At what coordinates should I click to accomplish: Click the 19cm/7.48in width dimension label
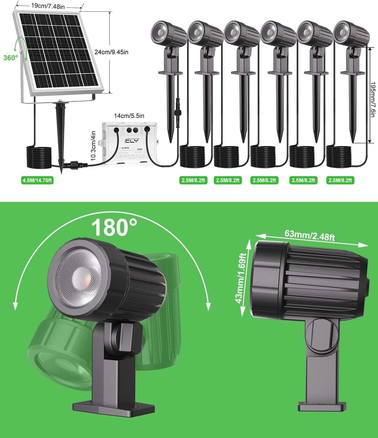click(48, 6)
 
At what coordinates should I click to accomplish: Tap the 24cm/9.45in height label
click(111, 52)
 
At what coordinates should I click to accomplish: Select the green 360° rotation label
click(11, 58)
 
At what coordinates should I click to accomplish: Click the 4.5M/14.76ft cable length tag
click(37, 180)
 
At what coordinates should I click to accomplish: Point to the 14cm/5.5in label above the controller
click(129, 116)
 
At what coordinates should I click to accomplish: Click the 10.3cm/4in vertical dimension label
click(93, 146)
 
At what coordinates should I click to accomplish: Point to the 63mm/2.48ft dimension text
click(309, 235)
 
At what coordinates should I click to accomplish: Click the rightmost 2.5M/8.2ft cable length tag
click(340, 180)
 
